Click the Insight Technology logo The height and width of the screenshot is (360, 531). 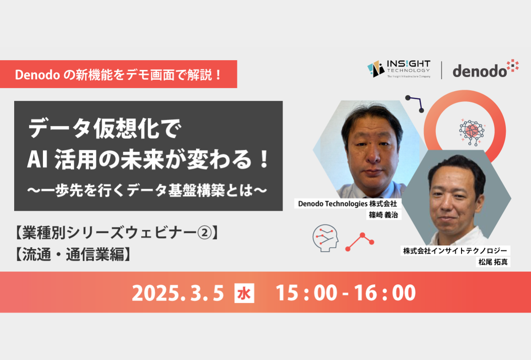[x=399, y=69]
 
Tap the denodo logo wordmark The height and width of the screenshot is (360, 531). [x=485, y=69]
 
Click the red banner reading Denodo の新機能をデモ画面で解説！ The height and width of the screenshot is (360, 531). [x=118, y=74]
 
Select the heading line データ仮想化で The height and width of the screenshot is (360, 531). [x=105, y=128]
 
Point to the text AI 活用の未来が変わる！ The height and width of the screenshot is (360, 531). [x=148, y=159]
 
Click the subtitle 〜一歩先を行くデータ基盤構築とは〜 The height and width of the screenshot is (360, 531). [x=147, y=190]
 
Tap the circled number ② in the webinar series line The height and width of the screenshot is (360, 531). [x=204, y=233]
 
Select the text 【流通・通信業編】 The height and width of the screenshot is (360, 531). [x=73, y=254]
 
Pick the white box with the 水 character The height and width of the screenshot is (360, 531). [x=244, y=293]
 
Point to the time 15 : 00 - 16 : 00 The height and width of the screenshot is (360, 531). [x=346, y=293]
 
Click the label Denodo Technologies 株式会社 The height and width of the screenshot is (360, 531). [x=347, y=204]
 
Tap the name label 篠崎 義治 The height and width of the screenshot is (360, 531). [x=384, y=215]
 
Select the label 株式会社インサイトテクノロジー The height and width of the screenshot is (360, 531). [x=455, y=251]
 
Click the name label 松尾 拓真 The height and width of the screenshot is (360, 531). [x=493, y=262]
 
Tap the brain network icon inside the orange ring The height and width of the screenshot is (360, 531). [x=472, y=132]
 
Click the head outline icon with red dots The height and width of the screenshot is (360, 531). [x=326, y=238]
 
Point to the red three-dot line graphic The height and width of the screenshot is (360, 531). [x=360, y=241]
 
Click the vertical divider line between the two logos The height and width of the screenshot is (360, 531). [x=442, y=70]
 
